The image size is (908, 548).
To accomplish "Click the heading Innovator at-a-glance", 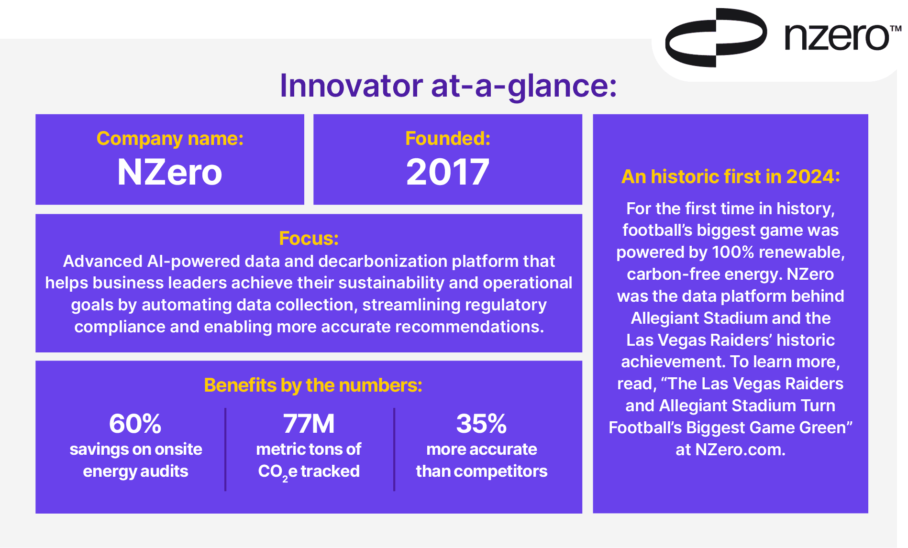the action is [x=448, y=86].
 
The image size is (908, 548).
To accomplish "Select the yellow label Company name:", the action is [x=170, y=139].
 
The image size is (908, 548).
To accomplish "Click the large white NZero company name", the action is [x=170, y=172].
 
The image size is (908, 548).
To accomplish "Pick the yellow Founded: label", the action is [x=448, y=138].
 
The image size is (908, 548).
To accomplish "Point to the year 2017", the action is [x=448, y=172].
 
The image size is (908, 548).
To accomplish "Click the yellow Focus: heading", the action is [x=309, y=238].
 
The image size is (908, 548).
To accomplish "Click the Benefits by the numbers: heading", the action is [x=313, y=385].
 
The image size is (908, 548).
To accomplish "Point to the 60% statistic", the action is [x=135, y=424].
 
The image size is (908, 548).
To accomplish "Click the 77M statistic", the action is [x=309, y=424].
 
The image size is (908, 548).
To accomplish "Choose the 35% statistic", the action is [x=481, y=424].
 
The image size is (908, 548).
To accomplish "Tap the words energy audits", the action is [x=135, y=471].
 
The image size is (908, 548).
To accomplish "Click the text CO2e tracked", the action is [x=309, y=472].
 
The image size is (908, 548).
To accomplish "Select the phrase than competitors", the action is [x=482, y=471].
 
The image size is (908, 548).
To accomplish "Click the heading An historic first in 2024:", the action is [x=731, y=177].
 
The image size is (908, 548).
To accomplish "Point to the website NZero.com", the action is [x=740, y=449].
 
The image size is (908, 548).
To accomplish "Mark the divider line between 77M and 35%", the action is [x=394, y=449].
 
